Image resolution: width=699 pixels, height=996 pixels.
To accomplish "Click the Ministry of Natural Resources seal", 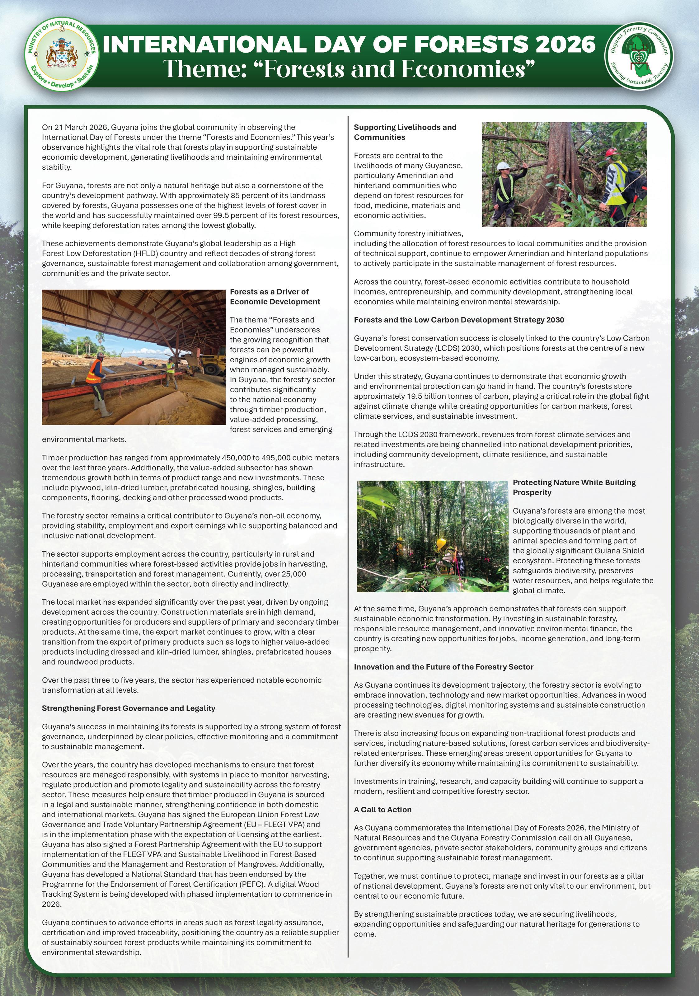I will [x=62, y=56].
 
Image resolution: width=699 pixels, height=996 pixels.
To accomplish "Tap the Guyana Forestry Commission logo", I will [x=639, y=56].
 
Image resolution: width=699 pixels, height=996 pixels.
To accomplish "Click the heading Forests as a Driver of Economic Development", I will [x=275, y=297].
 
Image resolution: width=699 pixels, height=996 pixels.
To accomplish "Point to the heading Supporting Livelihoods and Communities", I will [x=405, y=132].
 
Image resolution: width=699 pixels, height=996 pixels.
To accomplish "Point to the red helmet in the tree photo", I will [x=612, y=153].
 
